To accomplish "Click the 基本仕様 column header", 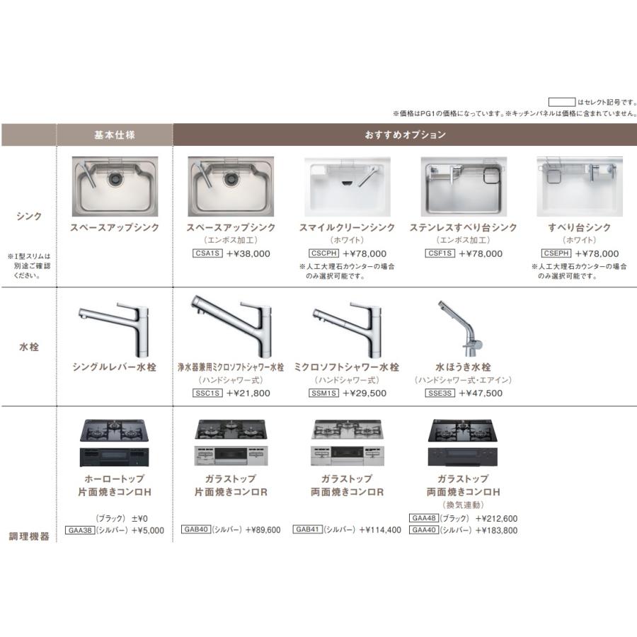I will tap(114, 134).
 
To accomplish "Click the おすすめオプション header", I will tap(406, 134).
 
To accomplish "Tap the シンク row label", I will tap(29, 217).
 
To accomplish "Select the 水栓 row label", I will tap(29, 348).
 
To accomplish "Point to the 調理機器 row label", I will tap(29, 536).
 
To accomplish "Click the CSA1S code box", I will tap(207, 253).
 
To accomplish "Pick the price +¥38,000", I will tap(248, 253).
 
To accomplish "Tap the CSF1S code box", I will tap(440, 253).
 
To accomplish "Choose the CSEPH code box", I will tap(556, 253).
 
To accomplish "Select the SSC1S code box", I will tap(207, 393).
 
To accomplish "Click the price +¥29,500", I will tap(365, 393).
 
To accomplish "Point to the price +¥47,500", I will tap(481, 393).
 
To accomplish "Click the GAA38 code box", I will tap(79, 529).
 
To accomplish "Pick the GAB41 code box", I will tap(309, 529).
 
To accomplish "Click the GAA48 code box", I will tap(423, 518).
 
